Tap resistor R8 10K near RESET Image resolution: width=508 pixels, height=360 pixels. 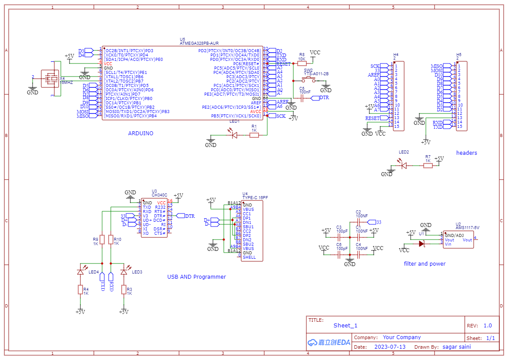tap(302, 63)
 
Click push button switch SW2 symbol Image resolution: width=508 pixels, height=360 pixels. tap(309, 80)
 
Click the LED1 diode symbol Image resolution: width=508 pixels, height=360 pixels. tap(235, 135)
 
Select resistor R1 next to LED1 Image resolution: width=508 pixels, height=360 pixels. tap(254, 135)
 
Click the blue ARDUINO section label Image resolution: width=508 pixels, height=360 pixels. tap(140, 133)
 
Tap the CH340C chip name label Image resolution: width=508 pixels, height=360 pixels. tap(159, 195)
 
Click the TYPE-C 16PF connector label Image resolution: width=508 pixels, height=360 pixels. tap(255, 198)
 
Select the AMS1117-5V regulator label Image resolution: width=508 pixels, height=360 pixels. tap(467, 227)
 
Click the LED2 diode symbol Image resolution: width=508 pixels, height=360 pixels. tap(404, 165)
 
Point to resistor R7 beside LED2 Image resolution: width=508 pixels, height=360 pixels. tap(428, 165)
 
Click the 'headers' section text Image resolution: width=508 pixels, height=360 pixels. tap(466, 153)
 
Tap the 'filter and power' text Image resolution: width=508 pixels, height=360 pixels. tap(425, 263)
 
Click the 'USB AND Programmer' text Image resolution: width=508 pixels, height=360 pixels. tap(196, 277)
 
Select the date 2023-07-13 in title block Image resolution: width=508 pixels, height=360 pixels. tap(389, 347)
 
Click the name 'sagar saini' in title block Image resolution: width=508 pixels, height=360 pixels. tap(456, 347)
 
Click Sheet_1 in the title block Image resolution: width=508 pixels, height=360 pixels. tap(345, 326)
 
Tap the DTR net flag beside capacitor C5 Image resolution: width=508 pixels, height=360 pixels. tap(324, 98)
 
